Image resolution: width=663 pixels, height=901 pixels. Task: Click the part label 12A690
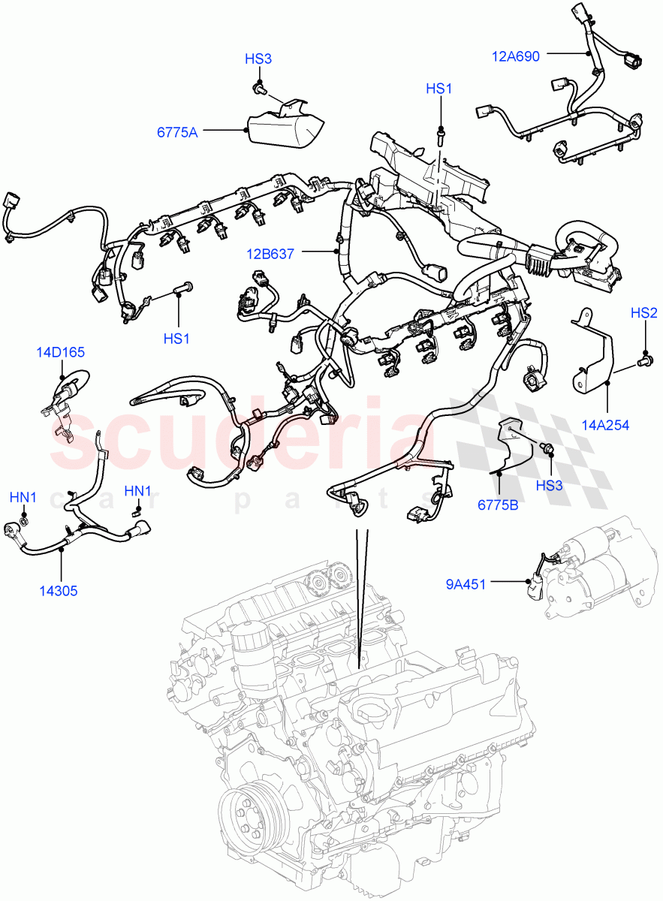(516, 56)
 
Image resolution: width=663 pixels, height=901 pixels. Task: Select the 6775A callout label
(177, 133)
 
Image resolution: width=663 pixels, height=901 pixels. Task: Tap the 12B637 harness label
(270, 255)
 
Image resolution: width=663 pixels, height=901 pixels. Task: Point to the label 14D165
(61, 351)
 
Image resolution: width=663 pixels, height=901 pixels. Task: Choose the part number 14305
(59, 590)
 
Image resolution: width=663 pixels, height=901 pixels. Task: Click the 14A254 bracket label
(604, 425)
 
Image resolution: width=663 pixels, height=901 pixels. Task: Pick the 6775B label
(498, 505)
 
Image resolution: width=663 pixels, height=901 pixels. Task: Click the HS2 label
(643, 313)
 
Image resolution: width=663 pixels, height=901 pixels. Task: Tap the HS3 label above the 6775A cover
(258, 59)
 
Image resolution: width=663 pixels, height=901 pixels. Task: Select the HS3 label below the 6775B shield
(549, 486)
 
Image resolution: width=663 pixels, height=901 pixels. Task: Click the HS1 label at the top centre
(439, 89)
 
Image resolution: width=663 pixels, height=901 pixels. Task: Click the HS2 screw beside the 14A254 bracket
(643, 363)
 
